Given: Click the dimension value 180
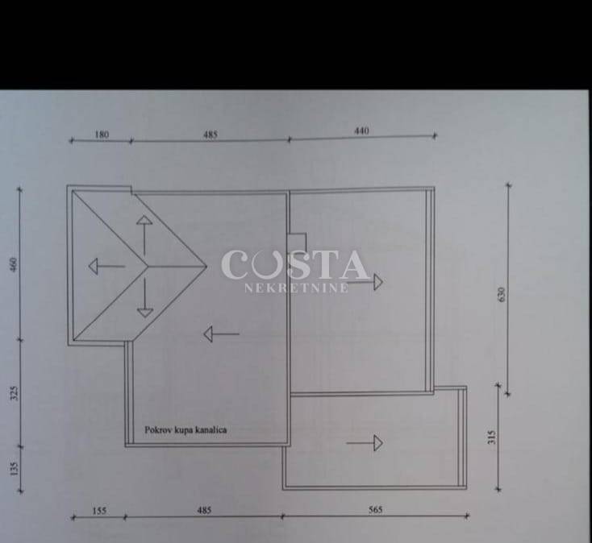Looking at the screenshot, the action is tap(102, 135).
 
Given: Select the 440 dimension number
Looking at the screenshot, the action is tap(361, 131).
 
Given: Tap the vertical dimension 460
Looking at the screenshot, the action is tap(14, 264).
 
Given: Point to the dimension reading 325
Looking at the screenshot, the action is tap(14, 393).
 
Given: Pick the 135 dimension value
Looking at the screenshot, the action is tap(14, 469).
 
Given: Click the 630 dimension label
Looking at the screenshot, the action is tap(501, 295).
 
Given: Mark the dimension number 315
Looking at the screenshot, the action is tap(491, 437).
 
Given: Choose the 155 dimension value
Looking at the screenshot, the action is tap(99, 511).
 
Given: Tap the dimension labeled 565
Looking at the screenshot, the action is tap(375, 510).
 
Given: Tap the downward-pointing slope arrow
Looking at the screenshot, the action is tap(145, 297).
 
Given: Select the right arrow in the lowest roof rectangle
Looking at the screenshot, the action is tap(365, 443).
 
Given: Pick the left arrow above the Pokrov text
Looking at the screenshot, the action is tap(222, 334).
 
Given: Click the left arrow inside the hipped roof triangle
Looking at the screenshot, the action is tap(106, 266).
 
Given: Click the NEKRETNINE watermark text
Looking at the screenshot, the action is tap(296, 288).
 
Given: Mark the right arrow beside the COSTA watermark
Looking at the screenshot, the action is tap(365, 282).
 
